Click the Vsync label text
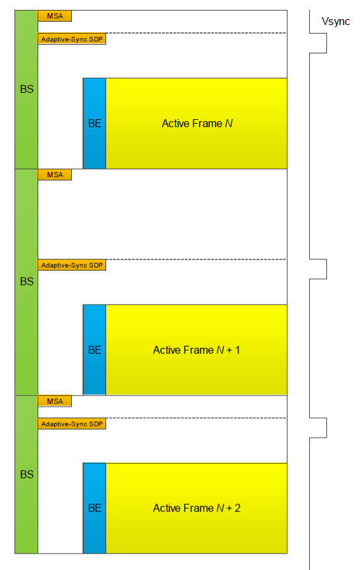(335, 22)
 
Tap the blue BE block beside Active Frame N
(94, 123)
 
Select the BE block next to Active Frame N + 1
(94, 350)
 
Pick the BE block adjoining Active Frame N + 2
(94, 508)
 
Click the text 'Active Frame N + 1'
(196, 350)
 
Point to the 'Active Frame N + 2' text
(196, 508)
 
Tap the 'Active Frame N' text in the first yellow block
(197, 124)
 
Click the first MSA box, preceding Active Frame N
(55, 16)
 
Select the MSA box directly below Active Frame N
(55, 175)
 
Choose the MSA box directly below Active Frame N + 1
(55, 401)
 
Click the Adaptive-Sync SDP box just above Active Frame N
(72, 39)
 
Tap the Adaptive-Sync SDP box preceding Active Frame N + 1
(72, 265)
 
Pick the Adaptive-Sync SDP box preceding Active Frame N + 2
(72, 424)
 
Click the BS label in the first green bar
(26, 90)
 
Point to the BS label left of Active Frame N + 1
(26, 282)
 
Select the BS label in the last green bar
(26, 474)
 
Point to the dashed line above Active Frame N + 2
(196, 418)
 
